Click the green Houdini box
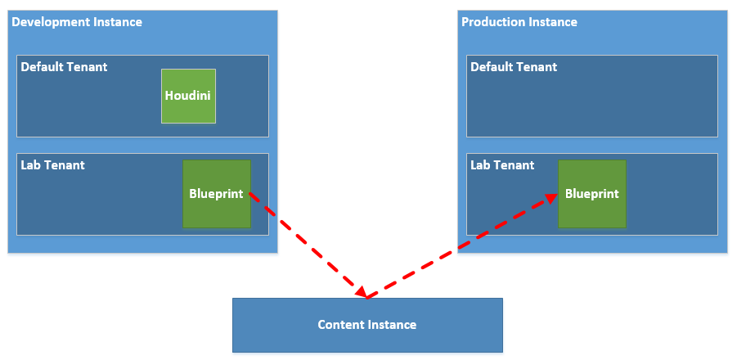pyautogui.click(x=188, y=96)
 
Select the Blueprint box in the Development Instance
pyautogui.click(x=217, y=194)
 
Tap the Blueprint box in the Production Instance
pyautogui.click(x=591, y=194)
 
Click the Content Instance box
pyautogui.click(x=367, y=325)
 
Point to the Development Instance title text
pyautogui.click(x=77, y=22)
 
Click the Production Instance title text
pyautogui.click(x=519, y=22)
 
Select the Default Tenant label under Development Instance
pyautogui.click(x=64, y=67)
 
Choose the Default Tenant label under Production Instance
pyautogui.click(x=514, y=67)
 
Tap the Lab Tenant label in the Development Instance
pyautogui.click(x=52, y=165)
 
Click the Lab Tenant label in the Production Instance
pyautogui.click(x=502, y=165)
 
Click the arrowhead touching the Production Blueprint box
pyautogui.click(x=551, y=197)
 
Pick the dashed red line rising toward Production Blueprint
pyautogui.click(x=458, y=245)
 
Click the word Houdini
pyautogui.click(x=188, y=96)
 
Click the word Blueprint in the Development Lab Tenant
pyautogui.click(x=216, y=194)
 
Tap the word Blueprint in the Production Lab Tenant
pyautogui.click(x=591, y=194)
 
